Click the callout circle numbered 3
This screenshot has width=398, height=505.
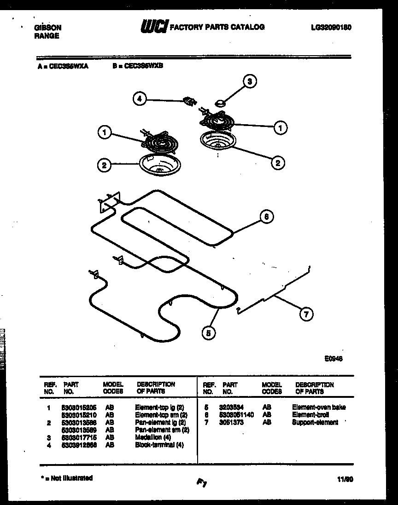249,82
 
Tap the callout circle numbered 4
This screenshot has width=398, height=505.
140,98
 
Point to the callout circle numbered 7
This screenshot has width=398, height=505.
306,314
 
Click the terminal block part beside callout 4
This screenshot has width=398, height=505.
189,101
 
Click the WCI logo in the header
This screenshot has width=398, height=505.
154,28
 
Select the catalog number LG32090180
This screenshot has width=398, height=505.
332,28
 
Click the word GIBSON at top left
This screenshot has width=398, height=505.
47,28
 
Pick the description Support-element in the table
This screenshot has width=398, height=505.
315,422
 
